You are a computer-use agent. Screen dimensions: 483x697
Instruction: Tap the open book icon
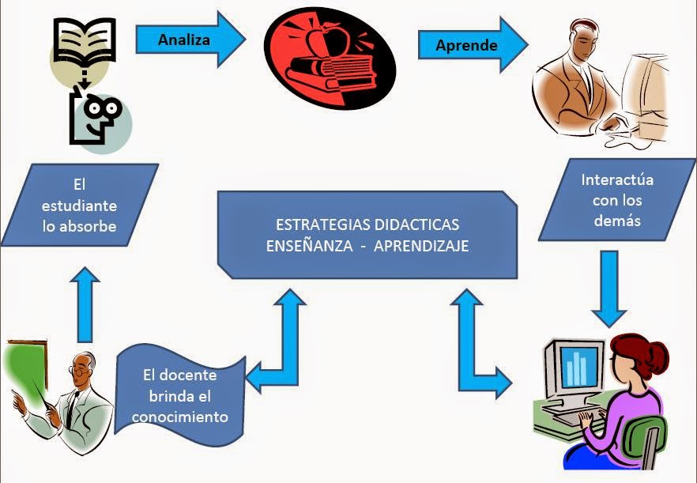pyautogui.click(x=84, y=40)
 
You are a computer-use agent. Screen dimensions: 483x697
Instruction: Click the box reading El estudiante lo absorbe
pyautogui.click(x=80, y=205)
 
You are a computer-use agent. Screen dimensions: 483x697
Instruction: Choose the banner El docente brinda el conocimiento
pyautogui.click(x=185, y=395)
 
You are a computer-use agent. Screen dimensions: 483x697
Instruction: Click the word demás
pyautogui.click(x=617, y=221)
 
